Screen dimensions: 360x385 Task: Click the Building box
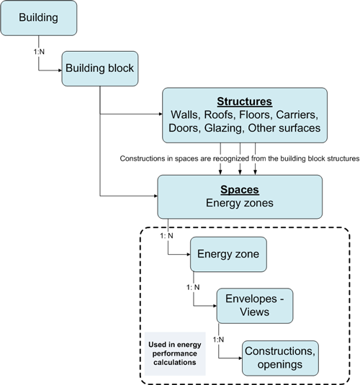pyautogui.click(x=39, y=18)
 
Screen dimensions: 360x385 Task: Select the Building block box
pyautogui.click(x=100, y=68)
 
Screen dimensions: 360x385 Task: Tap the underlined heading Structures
pyautogui.click(x=245, y=101)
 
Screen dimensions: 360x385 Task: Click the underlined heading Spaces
pyautogui.click(x=240, y=189)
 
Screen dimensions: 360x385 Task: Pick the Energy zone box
pyautogui.click(x=228, y=254)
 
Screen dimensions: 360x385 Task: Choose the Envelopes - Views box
pyautogui.click(x=255, y=306)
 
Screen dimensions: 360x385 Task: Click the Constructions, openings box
pyautogui.click(x=280, y=358)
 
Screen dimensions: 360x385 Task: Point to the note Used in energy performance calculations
pyautogui.click(x=175, y=353)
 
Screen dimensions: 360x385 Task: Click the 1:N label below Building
pyautogui.click(x=39, y=52)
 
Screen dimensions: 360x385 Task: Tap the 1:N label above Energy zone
pyautogui.click(x=166, y=236)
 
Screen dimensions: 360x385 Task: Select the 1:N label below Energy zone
pyautogui.click(x=193, y=287)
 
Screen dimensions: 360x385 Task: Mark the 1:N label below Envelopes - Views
pyautogui.click(x=218, y=340)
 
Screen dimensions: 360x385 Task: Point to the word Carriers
pyautogui.click(x=297, y=114)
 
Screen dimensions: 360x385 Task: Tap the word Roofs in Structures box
pyautogui.click(x=220, y=114)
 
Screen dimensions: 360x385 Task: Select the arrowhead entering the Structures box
pyautogui.click(x=161, y=114)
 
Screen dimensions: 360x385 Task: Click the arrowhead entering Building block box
pyautogui.click(x=60, y=71)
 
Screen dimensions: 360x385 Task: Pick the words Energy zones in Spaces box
pyautogui.click(x=240, y=203)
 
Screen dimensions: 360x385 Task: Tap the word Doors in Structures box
pyautogui.click(x=184, y=128)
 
